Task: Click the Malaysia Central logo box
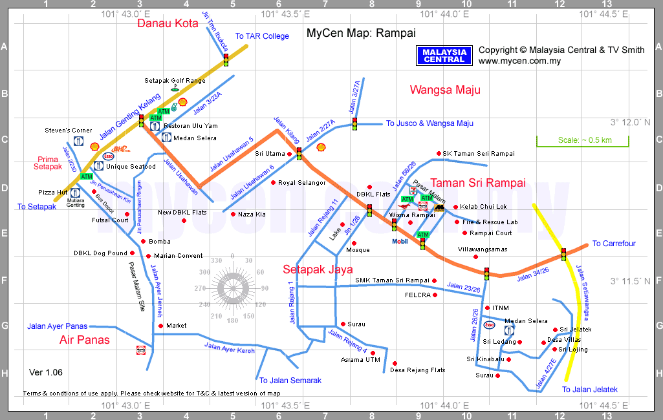[444, 56]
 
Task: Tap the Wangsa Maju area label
[445, 90]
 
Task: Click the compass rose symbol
[232, 288]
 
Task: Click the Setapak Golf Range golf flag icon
[175, 87]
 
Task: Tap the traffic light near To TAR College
[226, 59]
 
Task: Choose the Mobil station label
[400, 242]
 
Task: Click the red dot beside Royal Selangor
[273, 183]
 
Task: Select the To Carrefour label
[614, 244]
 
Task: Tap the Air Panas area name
[85, 340]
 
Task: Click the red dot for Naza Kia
[233, 214]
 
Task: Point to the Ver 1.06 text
[46, 372]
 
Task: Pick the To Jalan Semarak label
[290, 381]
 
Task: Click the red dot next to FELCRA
[435, 295]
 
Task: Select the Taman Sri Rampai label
[478, 182]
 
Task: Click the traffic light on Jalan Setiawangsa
[563, 255]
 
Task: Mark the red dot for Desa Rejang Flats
[395, 363]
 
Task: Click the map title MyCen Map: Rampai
[361, 33]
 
